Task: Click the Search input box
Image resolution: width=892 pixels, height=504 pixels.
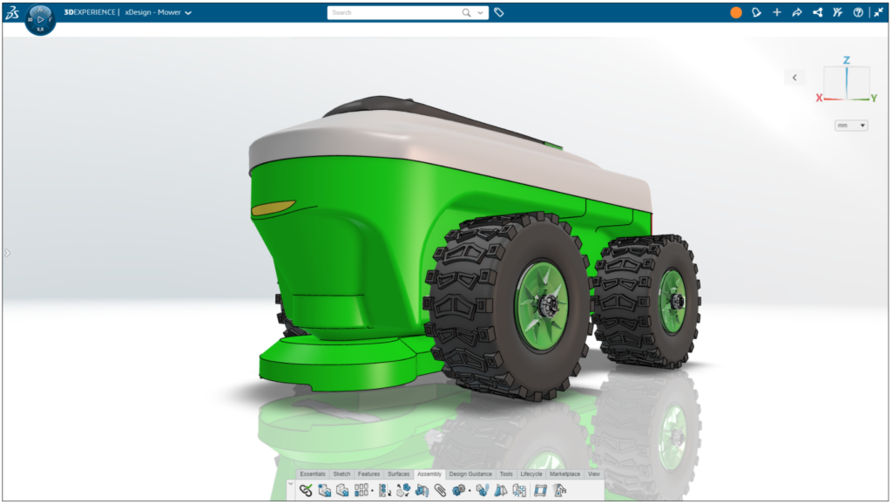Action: coord(396,13)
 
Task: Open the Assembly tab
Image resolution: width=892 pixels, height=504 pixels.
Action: coord(429,474)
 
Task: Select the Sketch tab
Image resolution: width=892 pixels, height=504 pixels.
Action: coord(341,474)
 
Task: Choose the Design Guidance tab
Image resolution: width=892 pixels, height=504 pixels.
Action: coord(470,474)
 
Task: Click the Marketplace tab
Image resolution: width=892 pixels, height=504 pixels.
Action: coord(564,474)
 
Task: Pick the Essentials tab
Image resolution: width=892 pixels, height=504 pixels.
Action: coord(312,474)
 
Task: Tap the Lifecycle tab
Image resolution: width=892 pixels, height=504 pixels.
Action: coord(531,474)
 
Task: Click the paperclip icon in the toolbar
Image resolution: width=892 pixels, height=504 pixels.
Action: coord(440,491)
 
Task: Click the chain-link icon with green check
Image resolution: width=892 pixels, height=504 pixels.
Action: coord(306,491)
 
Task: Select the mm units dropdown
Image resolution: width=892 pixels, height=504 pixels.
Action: coord(851,126)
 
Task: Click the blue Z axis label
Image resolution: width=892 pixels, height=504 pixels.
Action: coord(846,60)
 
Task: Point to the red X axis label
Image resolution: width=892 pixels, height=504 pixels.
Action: coord(819,99)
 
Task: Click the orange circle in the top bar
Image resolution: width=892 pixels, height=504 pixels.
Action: coord(736,13)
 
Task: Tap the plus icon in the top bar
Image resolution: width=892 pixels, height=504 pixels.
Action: coord(777,13)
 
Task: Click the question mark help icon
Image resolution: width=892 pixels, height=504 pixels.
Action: coord(858,13)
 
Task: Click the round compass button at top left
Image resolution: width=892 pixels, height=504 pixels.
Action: coord(40,19)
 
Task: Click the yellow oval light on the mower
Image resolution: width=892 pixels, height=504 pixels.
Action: coord(273,208)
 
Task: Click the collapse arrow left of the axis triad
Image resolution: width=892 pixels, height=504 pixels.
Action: coord(794,78)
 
